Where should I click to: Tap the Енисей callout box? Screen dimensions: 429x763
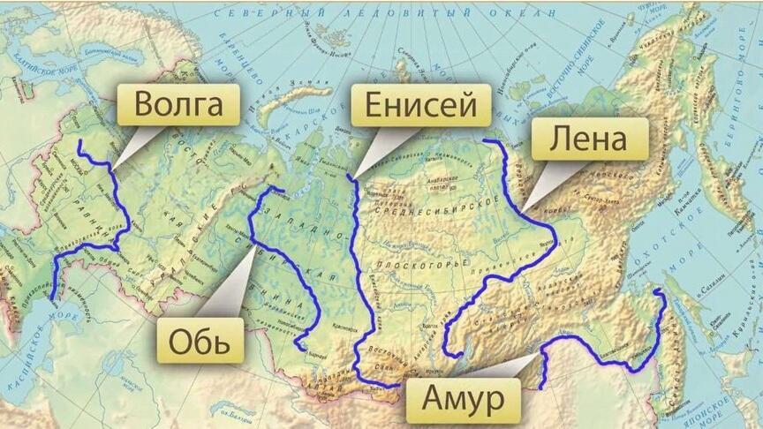(x=419, y=107)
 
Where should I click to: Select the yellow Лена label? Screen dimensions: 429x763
(x=589, y=139)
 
